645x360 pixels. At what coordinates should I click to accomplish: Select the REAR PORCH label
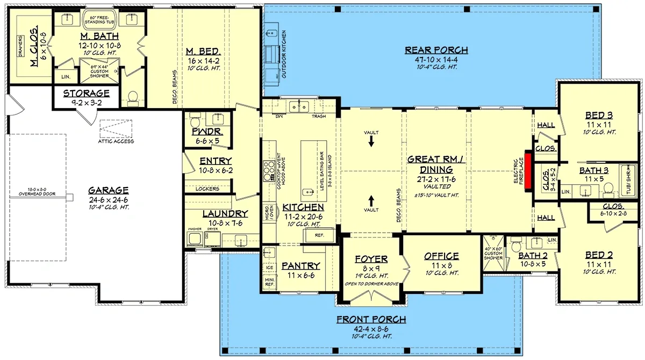[x=436, y=51]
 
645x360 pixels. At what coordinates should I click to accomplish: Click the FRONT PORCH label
[x=371, y=320]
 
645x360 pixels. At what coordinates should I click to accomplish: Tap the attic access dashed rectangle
[x=116, y=129]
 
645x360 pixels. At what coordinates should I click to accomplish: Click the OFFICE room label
[x=441, y=256]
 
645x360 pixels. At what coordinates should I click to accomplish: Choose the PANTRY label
[x=300, y=266]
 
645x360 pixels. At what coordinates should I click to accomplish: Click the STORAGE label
[x=87, y=93]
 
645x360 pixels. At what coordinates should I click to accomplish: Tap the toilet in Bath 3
[x=608, y=188]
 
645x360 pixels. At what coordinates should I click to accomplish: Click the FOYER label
[x=371, y=259]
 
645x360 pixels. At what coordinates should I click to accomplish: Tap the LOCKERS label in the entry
[x=208, y=189]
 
